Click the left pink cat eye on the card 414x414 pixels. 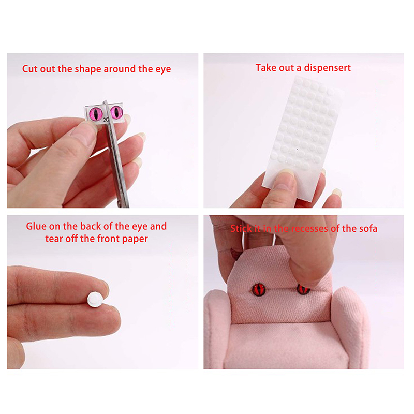(96, 113)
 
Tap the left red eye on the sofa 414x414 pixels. (259, 290)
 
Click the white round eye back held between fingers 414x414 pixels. (95, 300)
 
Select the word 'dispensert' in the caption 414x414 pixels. (328, 68)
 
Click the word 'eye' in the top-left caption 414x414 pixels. (163, 69)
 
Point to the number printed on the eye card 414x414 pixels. (106, 120)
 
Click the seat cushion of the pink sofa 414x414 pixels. (285, 343)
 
